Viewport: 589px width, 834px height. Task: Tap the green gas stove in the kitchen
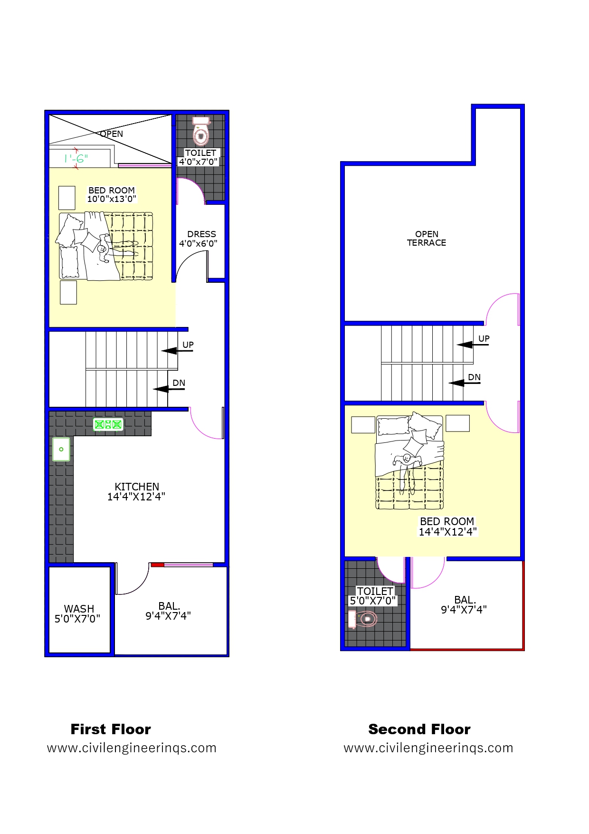click(108, 424)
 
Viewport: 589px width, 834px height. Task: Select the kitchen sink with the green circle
click(61, 449)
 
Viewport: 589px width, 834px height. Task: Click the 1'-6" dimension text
click(76, 159)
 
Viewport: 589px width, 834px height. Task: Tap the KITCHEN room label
click(137, 487)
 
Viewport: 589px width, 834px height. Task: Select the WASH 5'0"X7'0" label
click(78, 614)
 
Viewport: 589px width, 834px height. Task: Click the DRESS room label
click(201, 234)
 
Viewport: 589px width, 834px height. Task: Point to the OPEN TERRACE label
click(427, 239)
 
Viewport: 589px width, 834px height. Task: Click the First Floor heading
click(111, 729)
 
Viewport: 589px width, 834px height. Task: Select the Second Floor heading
click(419, 729)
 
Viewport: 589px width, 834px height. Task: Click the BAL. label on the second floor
click(465, 600)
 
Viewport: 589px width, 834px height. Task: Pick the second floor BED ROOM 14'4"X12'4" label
click(447, 527)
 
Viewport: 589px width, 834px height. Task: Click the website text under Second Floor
click(428, 748)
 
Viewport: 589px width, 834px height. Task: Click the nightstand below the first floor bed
click(68, 292)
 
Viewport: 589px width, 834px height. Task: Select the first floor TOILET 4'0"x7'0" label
click(199, 157)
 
